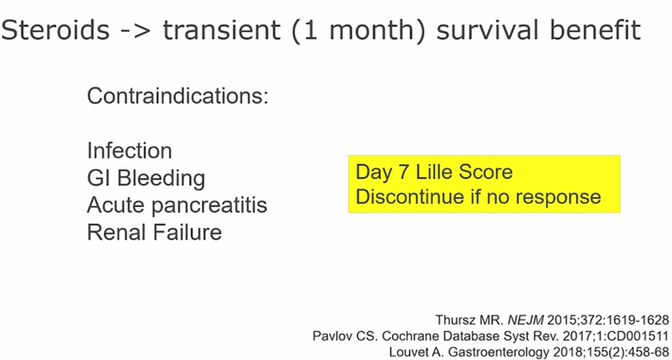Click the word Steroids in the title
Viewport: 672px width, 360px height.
click(x=55, y=30)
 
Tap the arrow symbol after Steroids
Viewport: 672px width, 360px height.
click(x=136, y=31)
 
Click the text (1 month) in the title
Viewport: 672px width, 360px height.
click(x=358, y=31)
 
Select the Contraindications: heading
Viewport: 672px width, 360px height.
click(x=177, y=96)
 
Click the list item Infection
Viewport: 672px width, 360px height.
click(x=130, y=150)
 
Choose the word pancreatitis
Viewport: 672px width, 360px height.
click(x=210, y=206)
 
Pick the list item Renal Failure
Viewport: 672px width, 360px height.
click(x=155, y=232)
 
